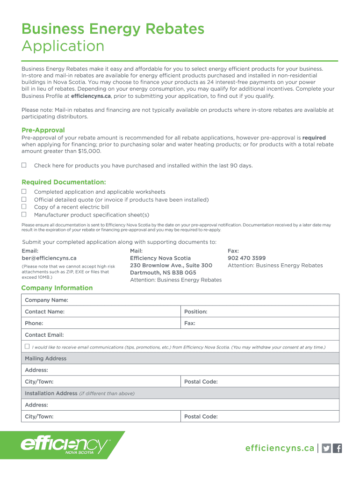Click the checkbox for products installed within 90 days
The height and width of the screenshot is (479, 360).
pos(24,165)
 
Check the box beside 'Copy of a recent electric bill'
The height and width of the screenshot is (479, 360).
pos(24,207)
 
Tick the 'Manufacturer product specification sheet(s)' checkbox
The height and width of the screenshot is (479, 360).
pos(24,214)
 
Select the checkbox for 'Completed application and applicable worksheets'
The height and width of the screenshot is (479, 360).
pos(24,191)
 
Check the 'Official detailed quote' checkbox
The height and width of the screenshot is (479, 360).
pos(24,199)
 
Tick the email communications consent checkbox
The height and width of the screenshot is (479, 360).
pos(27,347)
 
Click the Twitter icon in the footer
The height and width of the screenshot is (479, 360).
pos(326,448)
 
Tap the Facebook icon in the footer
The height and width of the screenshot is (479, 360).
pos(338,448)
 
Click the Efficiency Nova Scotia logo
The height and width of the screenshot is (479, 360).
pos(65,445)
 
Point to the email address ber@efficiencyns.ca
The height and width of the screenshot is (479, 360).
pos(49,258)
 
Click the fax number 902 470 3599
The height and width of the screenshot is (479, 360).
pos(246,258)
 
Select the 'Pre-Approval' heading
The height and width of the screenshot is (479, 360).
pos(43,130)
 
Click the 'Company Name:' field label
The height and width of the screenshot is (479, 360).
pos(46,300)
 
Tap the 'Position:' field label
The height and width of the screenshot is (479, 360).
pos(196,312)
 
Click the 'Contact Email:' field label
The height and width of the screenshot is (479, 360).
pos(44,335)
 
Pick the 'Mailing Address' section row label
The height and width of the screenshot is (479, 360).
pos(45,358)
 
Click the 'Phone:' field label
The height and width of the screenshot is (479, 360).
pos(34,323)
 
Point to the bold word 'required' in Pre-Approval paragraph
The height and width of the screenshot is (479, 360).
pos(314,138)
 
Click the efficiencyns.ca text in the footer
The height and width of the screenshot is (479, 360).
pos(280,448)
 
